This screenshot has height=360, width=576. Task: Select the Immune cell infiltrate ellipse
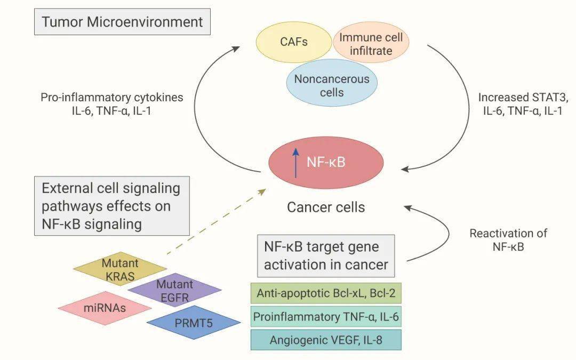point(372,44)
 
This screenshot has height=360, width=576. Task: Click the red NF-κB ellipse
point(325,162)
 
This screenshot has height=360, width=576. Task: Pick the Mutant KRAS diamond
point(119,269)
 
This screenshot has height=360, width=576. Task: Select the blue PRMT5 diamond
point(193,322)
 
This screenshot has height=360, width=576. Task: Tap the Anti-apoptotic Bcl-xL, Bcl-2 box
point(325,293)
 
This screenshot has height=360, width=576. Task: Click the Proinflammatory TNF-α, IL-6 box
point(325,317)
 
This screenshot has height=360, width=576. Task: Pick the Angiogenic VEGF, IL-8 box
point(325,340)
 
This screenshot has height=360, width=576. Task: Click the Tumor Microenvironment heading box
point(122,22)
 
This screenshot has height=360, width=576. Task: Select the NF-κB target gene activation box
point(325,256)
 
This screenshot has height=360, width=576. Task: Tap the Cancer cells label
point(326,207)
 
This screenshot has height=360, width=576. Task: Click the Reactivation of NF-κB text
point(508,240)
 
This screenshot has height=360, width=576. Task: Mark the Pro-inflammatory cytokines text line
point(111,98)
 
